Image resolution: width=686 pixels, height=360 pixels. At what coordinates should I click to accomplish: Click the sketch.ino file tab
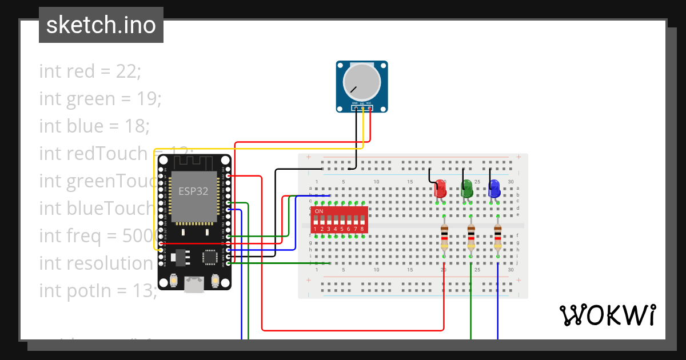click(x=101, y=25)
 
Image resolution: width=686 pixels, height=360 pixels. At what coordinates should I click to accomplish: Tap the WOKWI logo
click(x=607, y=315)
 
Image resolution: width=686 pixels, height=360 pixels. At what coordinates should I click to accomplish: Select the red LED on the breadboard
click(x=440, y=189)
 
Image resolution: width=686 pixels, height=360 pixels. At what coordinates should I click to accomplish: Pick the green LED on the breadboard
click(x=467, y=189)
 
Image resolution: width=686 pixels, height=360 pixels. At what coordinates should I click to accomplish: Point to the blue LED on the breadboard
click(x=494, y=189)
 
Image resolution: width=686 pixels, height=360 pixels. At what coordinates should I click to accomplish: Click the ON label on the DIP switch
click(x=319, y=211)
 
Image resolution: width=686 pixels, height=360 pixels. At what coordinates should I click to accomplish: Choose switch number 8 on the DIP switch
click(x=362, y=221)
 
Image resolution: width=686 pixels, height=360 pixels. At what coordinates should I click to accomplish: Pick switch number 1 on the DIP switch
click(x=315, y=221)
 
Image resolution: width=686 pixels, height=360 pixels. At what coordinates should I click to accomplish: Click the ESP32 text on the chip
click(x=194, y=191)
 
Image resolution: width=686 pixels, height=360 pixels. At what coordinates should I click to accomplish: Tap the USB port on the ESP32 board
click(x=194, y=284)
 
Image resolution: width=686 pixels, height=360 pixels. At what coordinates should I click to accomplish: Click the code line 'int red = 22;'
click(x=90, y=71)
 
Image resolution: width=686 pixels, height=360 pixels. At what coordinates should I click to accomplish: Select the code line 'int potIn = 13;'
click(x=98, y=290)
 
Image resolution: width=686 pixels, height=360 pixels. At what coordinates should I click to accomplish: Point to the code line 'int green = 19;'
click(x=101, y=99)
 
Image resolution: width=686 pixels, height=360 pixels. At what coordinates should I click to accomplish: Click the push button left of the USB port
click(x=173, y=281)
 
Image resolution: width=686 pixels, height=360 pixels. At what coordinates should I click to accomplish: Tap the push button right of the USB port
click(x=216, y=281)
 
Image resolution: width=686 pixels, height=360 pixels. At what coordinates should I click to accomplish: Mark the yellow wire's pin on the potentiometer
click(x=362, y=107)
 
